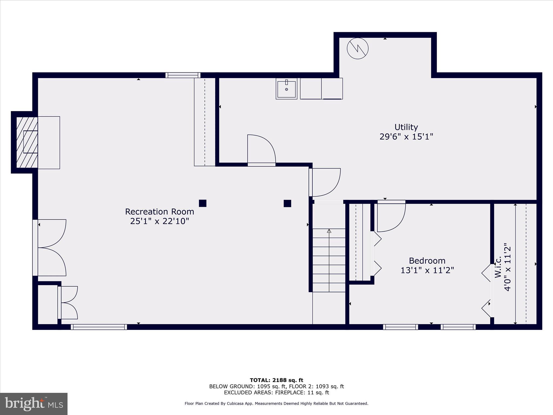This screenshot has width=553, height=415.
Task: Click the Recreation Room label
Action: (x=159, y=212)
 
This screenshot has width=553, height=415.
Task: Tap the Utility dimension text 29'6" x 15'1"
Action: (x=406, y=137)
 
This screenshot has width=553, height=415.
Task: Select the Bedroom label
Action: (x=427, y=261)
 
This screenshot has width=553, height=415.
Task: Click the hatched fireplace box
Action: (x=27, y=142)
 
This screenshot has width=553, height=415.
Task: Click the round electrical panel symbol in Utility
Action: (x=358, y=49)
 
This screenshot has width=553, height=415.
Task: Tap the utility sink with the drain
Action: (x=286, y=89)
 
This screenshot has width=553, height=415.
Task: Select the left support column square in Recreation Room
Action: (x=203, y=203)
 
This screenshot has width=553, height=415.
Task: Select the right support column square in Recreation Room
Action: (x=287, y=203)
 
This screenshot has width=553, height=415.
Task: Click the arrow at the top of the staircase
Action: (x=329, y=231)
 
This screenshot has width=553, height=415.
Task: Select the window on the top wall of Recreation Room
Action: (x=183, y=75)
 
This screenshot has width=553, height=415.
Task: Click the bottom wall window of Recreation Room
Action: (x=99, y=327)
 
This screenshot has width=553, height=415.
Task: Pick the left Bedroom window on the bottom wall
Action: (x=400, y=327)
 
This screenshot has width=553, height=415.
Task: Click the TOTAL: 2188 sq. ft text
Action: (x=276, y=380)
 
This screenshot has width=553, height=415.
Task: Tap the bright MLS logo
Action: (x=34, y=404)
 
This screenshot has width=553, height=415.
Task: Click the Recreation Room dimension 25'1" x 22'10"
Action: (x=159, y=221)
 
